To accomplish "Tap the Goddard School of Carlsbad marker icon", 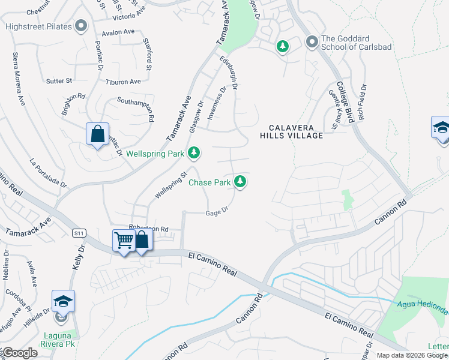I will click(x=312, y=42).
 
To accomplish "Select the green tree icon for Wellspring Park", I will click(x=193, y=154).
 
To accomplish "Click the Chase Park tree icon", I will click(x=240, y=181).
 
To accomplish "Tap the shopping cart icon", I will click(x=124, y=241).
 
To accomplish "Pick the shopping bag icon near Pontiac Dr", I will click(x=97, y=134).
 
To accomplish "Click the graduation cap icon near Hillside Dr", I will click(x=62, y=301).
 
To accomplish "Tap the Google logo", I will click(x=19, y=353).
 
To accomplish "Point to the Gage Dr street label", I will click(x=218, y=211).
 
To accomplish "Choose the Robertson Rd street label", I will click(x=148, y=229).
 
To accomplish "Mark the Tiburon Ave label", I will click(x=123, y=82).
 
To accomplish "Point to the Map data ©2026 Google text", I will click(x=412, y=355).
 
